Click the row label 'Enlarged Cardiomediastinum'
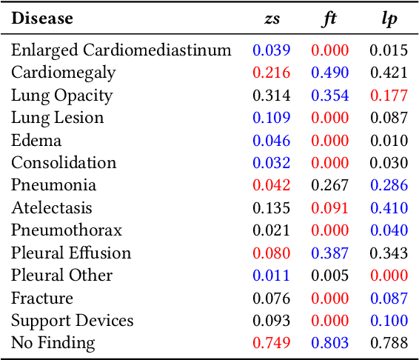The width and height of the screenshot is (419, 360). pos(121,50)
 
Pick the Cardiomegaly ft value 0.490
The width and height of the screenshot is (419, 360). pos(330,73)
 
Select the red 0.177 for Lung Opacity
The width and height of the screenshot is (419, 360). pos(389,96)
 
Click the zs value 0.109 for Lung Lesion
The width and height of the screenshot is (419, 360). pos(272,118)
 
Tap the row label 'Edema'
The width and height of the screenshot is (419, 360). pos(36,140)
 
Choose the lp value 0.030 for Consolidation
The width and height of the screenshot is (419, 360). pos(389,163)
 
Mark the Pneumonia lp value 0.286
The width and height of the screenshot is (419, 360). pos(389,185)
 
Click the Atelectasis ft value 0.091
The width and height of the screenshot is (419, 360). pos(330,208)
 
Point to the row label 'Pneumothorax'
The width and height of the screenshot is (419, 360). pos(67,230)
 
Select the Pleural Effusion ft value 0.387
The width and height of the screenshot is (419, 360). pos(330,253)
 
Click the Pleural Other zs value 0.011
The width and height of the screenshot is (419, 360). pos(272,276)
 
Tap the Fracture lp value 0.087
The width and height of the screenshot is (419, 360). pos(389,298)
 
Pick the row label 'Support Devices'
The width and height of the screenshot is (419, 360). pos(72,320)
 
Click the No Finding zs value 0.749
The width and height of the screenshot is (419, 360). pos(272,343)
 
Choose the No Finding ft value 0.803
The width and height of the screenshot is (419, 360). pos(330,343)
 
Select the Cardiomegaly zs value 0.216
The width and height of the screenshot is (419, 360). pos(272,73)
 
